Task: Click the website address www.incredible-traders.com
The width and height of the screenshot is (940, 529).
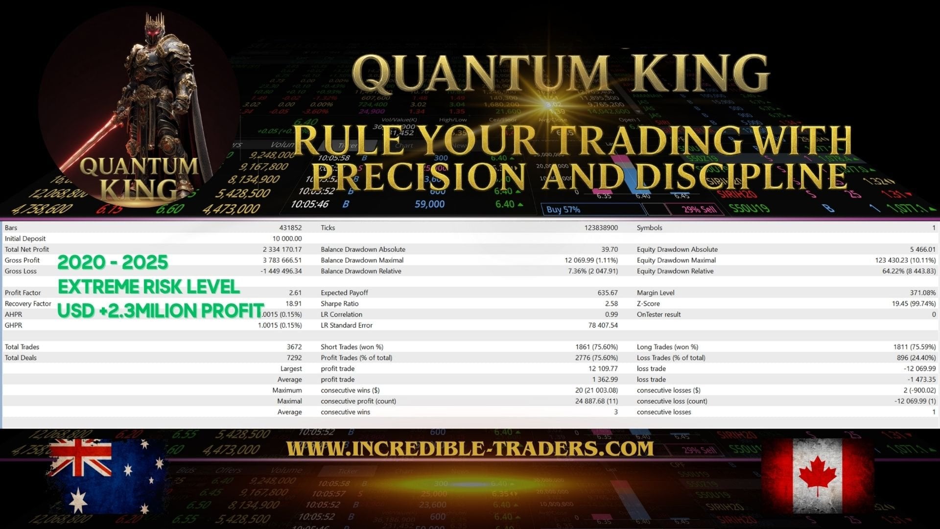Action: click(470, 449)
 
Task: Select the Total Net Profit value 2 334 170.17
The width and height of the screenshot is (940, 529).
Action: click(282, 249)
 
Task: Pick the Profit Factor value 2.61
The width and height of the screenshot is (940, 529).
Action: click(295, 293)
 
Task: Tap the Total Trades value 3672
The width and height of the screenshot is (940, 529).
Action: click(294, 347)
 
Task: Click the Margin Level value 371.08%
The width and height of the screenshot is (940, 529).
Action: click(922, 293)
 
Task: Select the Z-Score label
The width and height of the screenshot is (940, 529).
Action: click(648, 304)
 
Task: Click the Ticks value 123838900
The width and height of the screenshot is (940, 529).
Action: click(601, 228)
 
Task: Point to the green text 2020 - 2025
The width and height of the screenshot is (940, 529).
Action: click(113, 263)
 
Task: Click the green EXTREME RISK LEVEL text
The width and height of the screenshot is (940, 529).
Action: click(149, 287)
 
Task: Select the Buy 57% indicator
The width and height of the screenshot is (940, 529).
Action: click(563, 210)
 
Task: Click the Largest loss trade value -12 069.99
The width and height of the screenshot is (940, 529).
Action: click(919, 369)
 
